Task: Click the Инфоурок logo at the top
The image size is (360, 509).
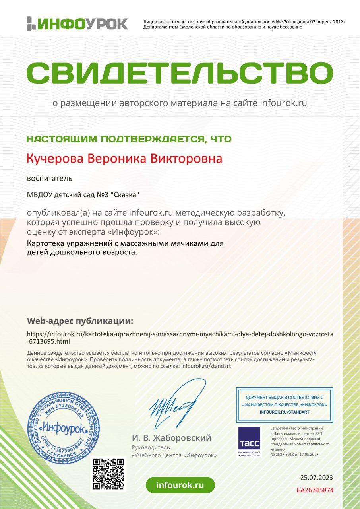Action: point(77,24)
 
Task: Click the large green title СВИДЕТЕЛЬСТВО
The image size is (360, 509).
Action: point(180,72)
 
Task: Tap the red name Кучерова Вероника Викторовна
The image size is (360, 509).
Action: point(124,159)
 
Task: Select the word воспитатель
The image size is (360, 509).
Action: point(49,178)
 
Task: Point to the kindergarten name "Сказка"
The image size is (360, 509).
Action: point(125,195)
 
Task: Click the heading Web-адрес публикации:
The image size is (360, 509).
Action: point(80,321)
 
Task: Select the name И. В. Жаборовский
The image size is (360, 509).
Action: point(171,438)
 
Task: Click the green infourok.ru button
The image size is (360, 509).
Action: point(180,485)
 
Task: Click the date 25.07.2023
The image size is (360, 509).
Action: point(316,478)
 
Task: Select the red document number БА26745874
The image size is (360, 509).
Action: point(315,490)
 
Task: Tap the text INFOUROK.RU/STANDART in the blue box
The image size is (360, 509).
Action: point(284,412)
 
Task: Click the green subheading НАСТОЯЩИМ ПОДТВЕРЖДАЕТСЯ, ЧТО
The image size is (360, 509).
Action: point(129,139)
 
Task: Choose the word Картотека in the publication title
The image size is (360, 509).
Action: point(44,243)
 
